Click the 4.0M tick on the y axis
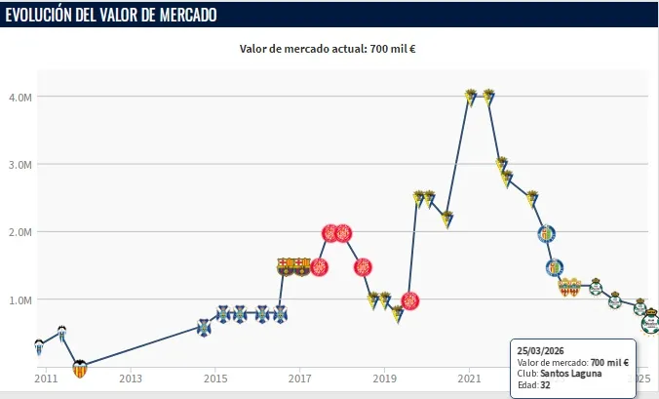pos(19,97)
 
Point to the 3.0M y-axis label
pos(19,165)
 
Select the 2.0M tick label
pos(19,232)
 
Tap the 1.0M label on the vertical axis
pos(19,300)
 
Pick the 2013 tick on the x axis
pos(131,378)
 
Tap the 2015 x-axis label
pos(215,378)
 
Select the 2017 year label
pos(300,378)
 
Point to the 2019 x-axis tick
pos(385,378)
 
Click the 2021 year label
pos(470,378)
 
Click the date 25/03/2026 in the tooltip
pos(540,350)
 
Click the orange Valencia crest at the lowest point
pos(80,368)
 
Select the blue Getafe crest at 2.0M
pos(547,233)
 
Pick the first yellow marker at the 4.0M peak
pos(471,97)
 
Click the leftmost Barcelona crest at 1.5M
pos(286,264)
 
